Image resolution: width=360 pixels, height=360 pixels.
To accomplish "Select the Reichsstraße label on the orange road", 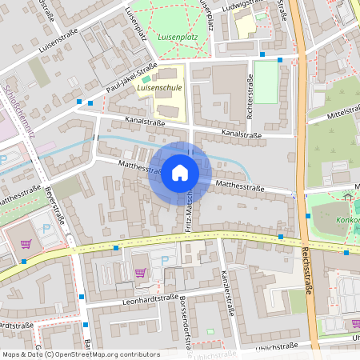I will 307,272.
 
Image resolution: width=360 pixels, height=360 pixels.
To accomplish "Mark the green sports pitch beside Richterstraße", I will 266,82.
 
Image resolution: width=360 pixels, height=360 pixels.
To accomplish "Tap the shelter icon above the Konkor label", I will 347,196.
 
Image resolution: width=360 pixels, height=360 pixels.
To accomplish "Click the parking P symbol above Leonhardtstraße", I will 165,261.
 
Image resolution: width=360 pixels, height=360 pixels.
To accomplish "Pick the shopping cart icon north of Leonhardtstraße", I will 141,272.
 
